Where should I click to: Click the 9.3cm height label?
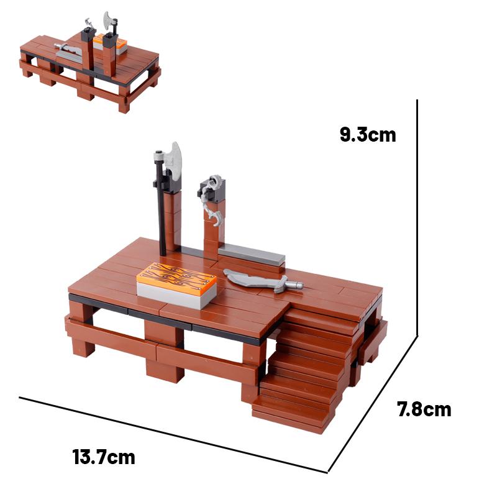pos(368,135)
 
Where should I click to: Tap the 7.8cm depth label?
pos(424,409)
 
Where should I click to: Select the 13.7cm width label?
pos(104,458)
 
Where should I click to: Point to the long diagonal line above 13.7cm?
pos(174,435)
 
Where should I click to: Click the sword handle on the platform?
pos(292,286)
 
